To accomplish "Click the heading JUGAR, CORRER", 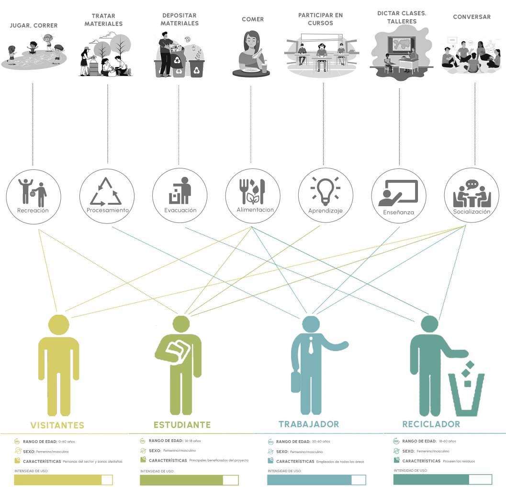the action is [33, 25].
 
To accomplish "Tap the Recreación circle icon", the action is [33, 197].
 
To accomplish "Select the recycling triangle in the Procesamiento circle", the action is [107, 191].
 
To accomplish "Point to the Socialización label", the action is [472, 211].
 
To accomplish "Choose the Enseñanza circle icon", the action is [398, 197].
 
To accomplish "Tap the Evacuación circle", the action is [180, 197].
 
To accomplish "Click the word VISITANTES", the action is [57, 425].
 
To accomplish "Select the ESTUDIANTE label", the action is [182, 425].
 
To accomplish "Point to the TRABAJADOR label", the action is [308, 424].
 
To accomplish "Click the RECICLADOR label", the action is [431, 424].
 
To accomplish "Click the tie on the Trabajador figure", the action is [311, 344].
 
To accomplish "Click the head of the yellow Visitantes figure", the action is [59, 324].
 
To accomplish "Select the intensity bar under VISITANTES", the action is [63, 480].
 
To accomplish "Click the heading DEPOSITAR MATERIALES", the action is [180, 20].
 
